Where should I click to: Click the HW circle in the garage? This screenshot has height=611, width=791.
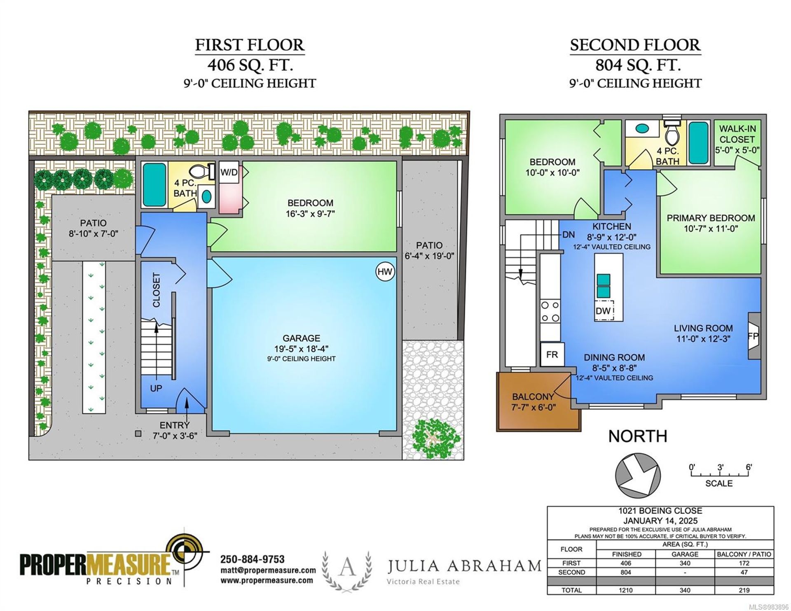click(385, 272)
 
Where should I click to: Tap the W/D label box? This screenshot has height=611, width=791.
click(229, 172)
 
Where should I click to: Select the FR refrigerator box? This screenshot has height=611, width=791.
click(552, 354)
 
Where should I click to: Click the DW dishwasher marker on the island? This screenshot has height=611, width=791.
click(604, 310)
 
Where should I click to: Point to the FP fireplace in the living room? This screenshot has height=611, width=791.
click(754, 336)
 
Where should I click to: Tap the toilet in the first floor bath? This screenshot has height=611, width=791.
click(203, 171)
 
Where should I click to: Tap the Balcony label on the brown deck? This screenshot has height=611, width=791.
click(533, 396)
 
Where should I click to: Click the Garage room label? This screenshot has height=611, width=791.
click(301, 338)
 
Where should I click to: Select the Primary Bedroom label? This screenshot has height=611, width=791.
click(711, 218)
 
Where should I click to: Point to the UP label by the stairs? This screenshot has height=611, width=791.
click(156, 388)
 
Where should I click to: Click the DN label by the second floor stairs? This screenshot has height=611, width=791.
click(569, 235)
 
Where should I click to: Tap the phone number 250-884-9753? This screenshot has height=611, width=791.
click(253, 559)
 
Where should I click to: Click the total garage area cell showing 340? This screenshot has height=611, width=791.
click(685, 590)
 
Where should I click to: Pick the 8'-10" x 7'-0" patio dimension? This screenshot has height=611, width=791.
click(94, 234)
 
